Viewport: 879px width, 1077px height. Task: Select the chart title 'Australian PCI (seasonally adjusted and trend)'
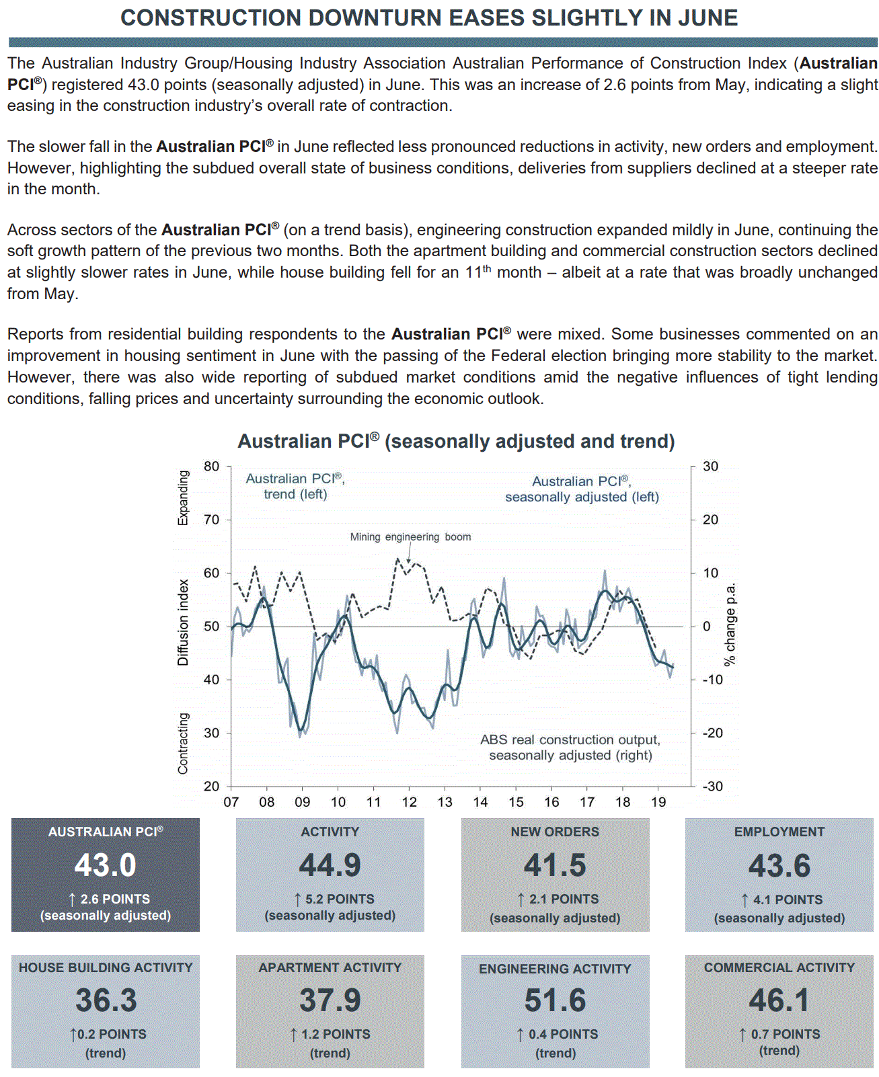coord(456,442)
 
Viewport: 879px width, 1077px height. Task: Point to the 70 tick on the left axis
coord(211,520)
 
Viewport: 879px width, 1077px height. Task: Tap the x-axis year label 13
coord(445,802)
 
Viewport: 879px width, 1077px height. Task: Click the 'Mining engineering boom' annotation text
coord(410,537)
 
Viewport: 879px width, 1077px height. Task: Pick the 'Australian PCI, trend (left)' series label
coord(295,486)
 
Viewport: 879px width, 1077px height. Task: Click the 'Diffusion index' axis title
coord(183,623)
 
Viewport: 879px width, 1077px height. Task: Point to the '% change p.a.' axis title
coord(730,625)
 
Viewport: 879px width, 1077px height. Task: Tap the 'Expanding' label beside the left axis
coord(183,497)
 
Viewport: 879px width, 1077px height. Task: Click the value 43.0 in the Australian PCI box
coord(106,865)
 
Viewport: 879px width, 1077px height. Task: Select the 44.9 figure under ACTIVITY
coord(330,865)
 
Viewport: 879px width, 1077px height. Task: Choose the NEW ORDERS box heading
coord(555,832)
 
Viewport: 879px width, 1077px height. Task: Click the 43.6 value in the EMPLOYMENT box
coord(779,866)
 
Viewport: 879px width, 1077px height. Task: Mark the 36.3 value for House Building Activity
coord(106,1000)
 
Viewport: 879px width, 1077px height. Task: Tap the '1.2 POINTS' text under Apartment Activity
coord(336,1035)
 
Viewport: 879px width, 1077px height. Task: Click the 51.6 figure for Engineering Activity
coord(555,1000)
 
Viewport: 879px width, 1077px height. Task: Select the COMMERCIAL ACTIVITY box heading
coord(779,968)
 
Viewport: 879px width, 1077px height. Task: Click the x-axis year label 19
coord(658,802)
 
